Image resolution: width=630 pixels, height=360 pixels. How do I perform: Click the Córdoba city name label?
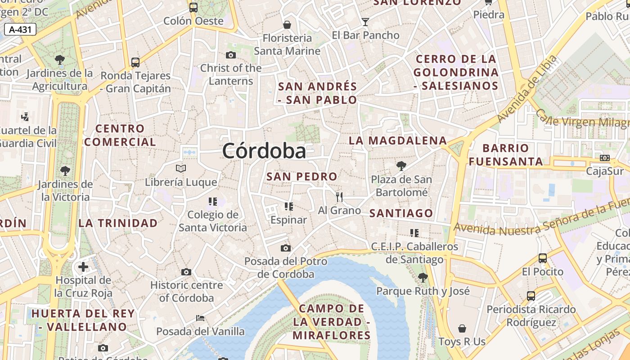264,151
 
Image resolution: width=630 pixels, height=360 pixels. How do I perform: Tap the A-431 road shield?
20,30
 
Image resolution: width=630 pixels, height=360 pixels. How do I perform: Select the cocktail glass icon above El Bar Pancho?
365,22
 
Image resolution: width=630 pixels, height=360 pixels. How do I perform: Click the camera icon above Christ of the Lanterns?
230,55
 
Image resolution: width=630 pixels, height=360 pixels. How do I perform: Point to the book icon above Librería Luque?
181,168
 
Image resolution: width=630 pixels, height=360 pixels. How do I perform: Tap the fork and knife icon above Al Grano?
339,197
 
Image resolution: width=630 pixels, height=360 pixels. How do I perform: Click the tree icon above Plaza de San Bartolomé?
401,166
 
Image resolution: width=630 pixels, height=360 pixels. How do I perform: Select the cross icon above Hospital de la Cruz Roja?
83,267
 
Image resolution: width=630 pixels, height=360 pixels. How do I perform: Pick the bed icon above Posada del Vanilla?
200,318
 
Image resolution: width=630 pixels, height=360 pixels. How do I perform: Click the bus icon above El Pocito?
543,258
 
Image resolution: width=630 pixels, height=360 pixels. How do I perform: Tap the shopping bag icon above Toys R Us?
462,328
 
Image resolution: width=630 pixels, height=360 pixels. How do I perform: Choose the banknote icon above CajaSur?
605,158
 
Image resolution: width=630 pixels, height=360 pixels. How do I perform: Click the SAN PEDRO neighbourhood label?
301,176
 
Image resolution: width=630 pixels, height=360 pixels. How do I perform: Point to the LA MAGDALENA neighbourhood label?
398,140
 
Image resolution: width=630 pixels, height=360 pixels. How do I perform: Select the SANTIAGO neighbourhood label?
401,213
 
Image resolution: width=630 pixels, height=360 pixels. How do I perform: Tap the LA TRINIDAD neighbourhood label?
118,223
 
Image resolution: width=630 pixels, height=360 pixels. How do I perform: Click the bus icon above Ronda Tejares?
135,62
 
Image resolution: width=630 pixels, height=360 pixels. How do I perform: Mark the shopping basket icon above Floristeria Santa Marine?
287,24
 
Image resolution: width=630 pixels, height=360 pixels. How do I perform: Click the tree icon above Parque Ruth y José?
423,277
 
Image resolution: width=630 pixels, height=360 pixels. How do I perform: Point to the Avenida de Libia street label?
527,90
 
